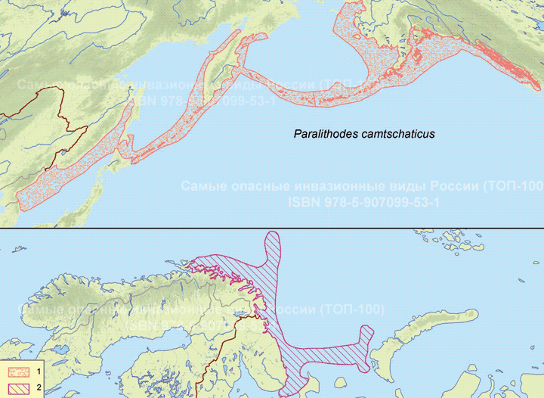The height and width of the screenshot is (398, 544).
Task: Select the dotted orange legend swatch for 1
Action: [18, 372]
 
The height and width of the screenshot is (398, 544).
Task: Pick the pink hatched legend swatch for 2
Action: [18, 388]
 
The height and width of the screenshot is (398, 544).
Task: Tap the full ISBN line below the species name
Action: [364, 202]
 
